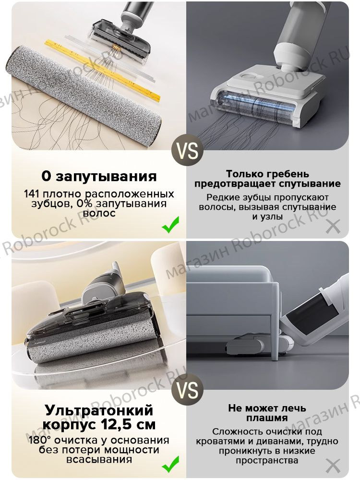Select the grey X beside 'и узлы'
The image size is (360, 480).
[x=333, y=226]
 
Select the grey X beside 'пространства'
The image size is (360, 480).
[x=333, y=465]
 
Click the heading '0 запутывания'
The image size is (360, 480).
[x=99, y=176]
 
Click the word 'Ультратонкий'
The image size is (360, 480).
[x=98, y=410]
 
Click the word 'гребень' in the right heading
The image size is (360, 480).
[x=288, y=174]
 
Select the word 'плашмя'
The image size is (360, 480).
[x=267, y=418]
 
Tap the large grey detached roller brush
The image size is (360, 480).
[x=86, y=97]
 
